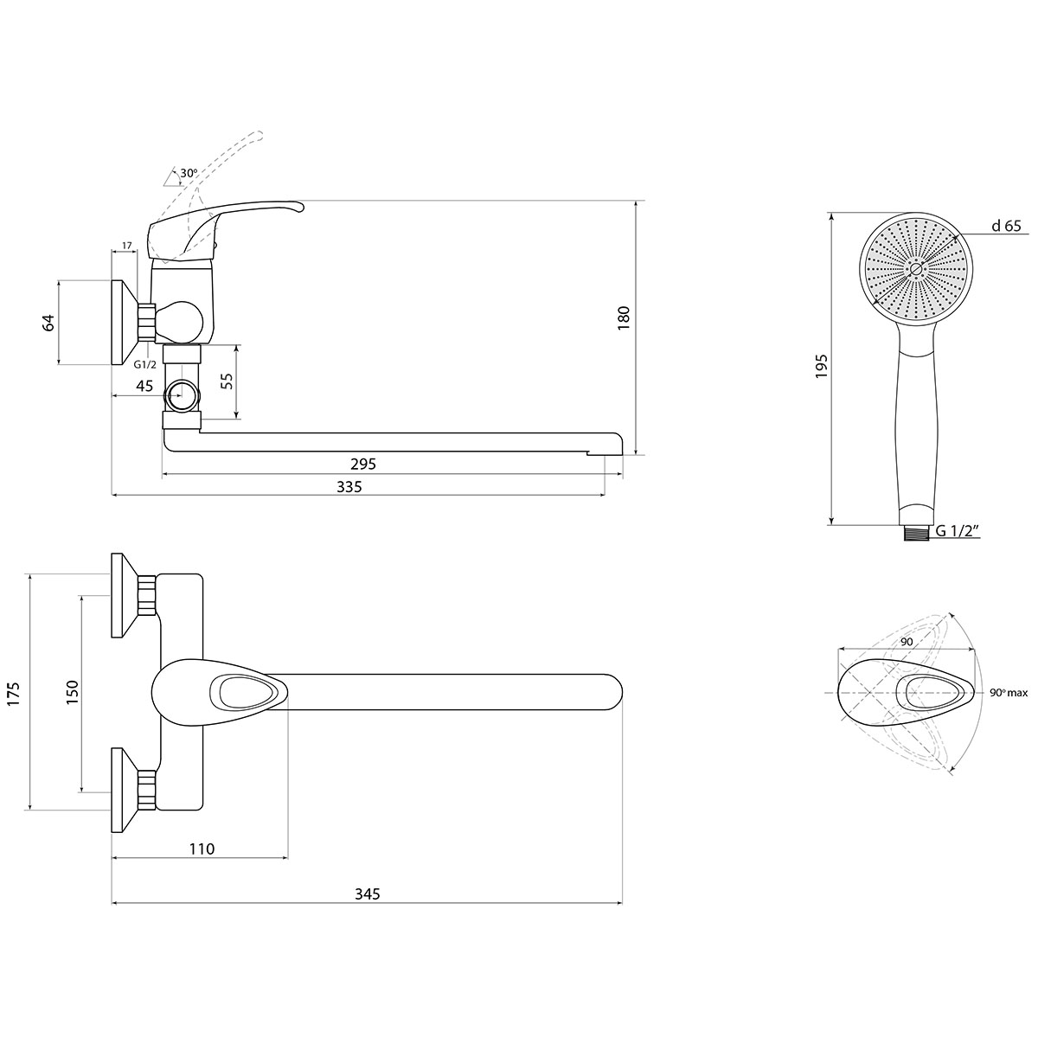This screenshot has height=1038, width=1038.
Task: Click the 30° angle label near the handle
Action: (189, 174)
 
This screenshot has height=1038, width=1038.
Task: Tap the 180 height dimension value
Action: (623, 317)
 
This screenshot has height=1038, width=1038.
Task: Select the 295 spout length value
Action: (363, 464)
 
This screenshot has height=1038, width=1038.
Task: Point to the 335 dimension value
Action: (349, 487)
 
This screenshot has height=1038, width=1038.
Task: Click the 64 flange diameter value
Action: (48, 323)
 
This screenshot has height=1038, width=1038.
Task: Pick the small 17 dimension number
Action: (127, 246)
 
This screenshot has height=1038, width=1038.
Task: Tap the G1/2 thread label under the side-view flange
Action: (145, 365)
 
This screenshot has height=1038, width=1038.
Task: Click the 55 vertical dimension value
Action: (227, 381)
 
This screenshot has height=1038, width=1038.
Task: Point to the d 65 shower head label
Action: (1006, 226)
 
